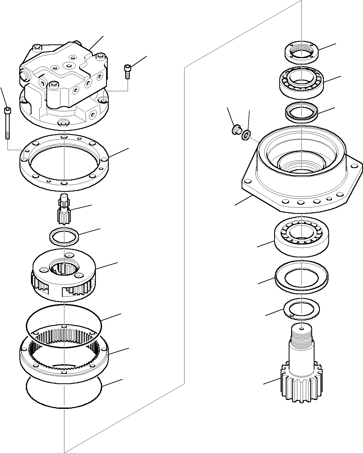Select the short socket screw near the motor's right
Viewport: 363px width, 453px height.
pyautogui.click(x=127, y=72)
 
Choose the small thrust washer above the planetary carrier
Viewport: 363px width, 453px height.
pyautogui.click(x=64, y=236)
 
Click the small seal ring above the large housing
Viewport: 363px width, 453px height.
pyautogui.click(x=302, y=111)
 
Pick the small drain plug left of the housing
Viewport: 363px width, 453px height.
pyautogui.click(x=236, y=130)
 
